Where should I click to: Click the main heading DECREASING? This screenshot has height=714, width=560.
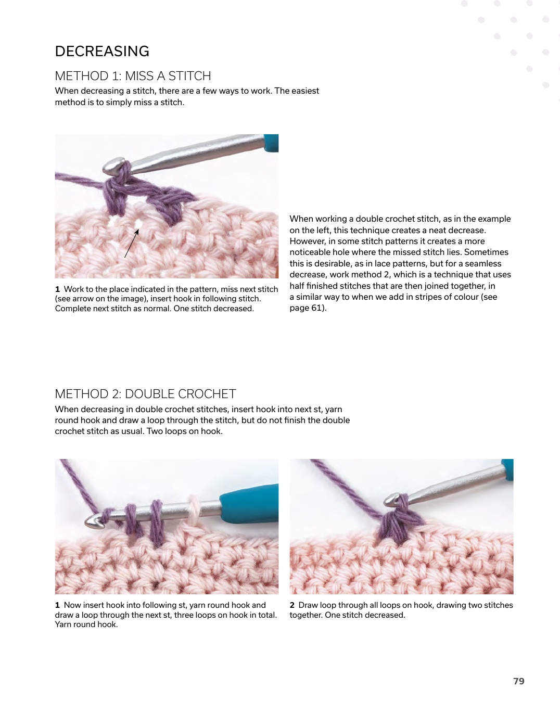[x=102, y=52]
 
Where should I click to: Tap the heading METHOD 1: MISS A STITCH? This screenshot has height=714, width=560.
[x=133, y=76]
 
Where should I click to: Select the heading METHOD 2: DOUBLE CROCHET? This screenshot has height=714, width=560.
[x=145, y=394]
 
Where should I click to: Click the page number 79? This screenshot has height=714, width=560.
[x=518, y=681]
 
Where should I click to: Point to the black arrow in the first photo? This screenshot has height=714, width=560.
[x=132, y=244]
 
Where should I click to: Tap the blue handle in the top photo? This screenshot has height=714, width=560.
[x=272, y=143]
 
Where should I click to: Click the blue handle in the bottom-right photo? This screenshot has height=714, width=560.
[x=507, y=469]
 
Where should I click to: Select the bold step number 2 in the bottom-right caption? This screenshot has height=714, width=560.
[x=292, y=605]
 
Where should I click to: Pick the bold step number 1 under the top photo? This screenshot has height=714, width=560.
[x=57, y=289]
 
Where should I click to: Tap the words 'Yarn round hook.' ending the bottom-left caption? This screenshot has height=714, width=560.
[x=86, y=624]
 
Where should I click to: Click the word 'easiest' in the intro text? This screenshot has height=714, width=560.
[x=305, y=91]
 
